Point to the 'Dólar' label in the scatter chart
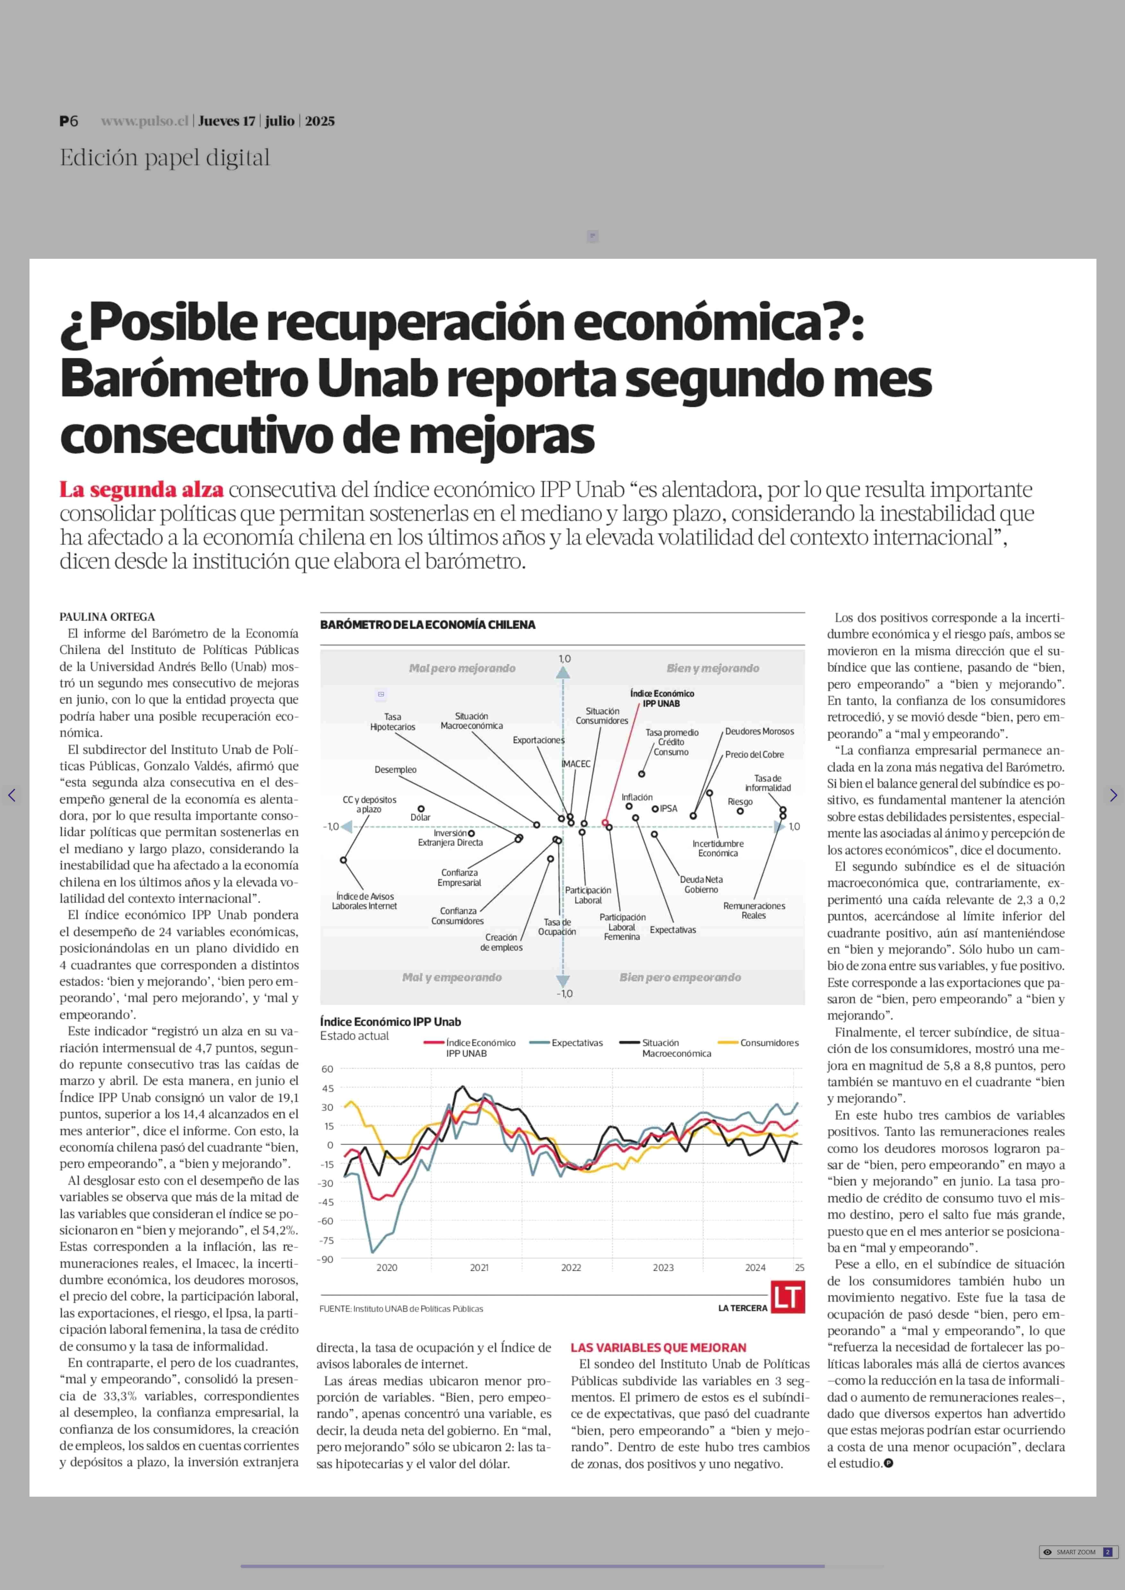420,817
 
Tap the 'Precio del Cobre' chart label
754,755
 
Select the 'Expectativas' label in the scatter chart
672,930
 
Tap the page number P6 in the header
69,121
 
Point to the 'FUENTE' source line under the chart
401,1309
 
